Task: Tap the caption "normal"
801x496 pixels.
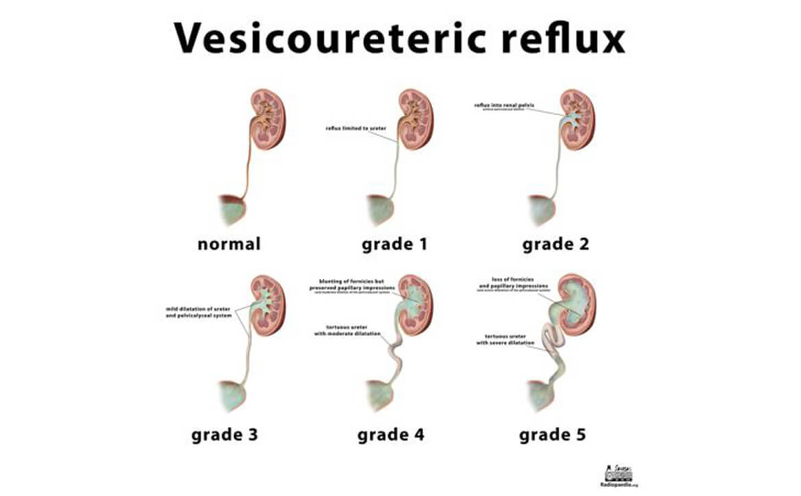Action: pos(229,243)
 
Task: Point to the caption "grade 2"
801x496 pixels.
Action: pos(556,244)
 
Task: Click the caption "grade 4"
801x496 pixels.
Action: pos(390,434)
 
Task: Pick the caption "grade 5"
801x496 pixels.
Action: pos(552,434)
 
